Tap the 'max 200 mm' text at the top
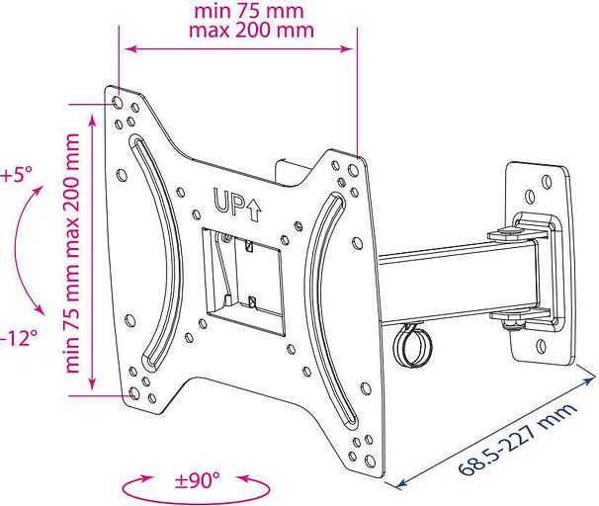250,30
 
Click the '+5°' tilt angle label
17,175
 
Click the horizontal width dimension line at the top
237,45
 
